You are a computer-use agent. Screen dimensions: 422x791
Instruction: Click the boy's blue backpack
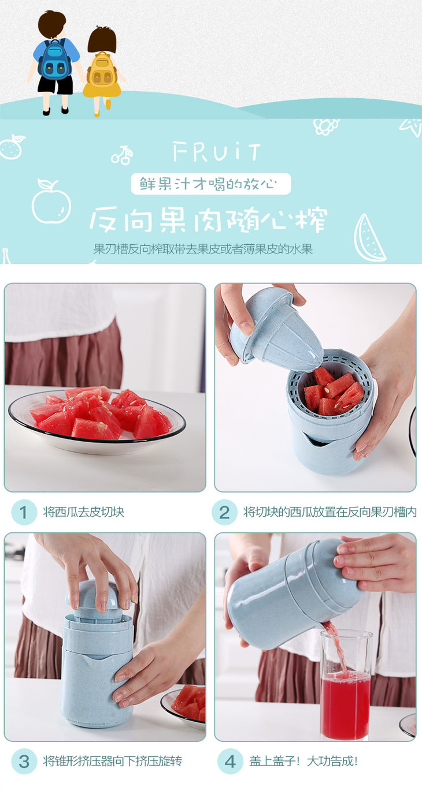tap(55, 59)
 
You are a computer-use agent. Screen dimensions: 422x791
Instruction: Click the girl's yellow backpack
tap(102, 70)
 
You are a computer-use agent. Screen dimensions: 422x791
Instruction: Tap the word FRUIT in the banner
tap(217, 152)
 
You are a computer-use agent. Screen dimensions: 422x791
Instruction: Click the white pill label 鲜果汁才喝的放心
tap(210, 184)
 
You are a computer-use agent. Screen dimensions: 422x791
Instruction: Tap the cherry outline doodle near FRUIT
tap(122, 155)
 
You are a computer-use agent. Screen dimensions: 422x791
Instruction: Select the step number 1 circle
tap(24, 512)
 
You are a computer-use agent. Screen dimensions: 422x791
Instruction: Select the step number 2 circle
tap(224, 512)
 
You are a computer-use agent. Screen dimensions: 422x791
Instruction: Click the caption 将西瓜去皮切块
tap(84, 512)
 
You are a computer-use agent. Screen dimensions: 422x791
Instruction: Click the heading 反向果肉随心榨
tap(208, 219)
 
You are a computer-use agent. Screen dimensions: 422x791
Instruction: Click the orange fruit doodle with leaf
tap(12, 146)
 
